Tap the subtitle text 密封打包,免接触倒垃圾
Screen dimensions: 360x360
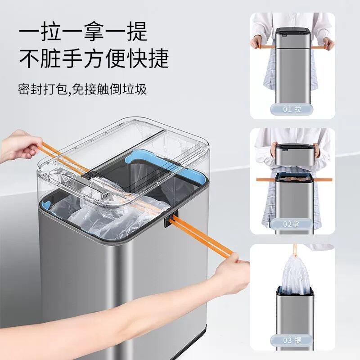(83, 88)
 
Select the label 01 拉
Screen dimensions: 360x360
(292, 109)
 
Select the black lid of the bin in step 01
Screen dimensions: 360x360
(292, 34)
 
